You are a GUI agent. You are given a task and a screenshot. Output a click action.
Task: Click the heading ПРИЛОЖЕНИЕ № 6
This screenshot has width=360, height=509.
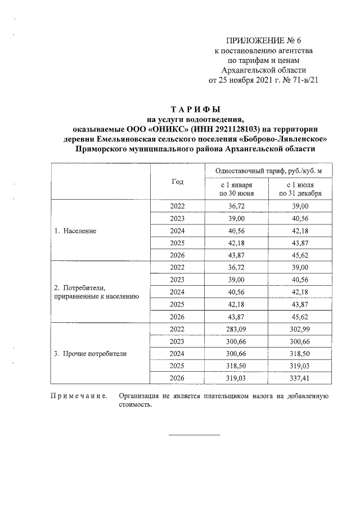coord(263,41)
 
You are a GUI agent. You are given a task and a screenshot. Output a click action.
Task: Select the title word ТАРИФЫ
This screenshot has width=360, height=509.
coord(195,109)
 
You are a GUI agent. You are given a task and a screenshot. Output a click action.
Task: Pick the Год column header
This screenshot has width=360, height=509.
coord(177,181)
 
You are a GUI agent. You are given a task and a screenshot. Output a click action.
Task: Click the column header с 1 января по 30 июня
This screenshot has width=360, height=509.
coord(236,188)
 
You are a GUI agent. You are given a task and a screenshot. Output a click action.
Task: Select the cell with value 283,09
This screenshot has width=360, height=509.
coord(236,329)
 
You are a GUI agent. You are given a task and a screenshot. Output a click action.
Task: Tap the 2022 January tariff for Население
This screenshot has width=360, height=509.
coord(236,206)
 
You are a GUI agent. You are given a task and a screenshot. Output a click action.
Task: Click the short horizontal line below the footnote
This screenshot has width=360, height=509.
coord(195,434)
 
